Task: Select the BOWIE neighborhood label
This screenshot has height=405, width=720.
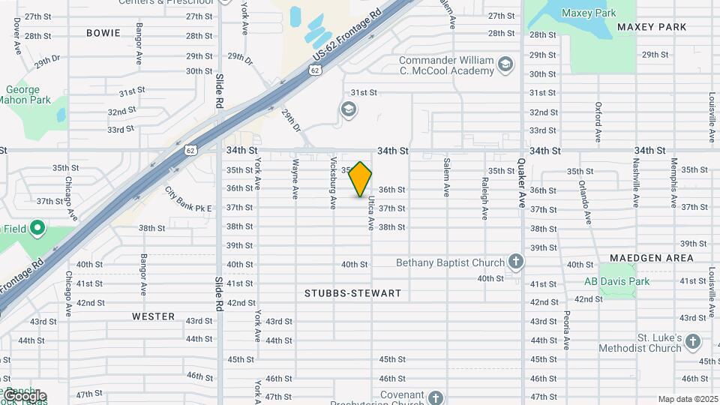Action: [103, 32]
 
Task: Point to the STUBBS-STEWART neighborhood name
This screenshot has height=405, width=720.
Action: [353, 293]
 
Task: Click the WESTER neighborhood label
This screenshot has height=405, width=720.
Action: [153, 316]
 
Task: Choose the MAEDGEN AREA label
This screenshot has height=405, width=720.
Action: [651, 257]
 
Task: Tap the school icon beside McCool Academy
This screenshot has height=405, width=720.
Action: [505, 64]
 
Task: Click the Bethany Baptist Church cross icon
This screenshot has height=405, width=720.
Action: [515, 262]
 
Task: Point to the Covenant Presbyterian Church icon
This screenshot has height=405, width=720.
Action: [436, 397]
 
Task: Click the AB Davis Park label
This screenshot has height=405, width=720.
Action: [617, 282]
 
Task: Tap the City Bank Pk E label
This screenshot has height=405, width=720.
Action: [188, 199]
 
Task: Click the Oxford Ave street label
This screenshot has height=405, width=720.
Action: [598, 122]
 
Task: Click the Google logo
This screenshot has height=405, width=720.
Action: [24, 396]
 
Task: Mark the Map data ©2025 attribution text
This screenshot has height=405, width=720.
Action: [688, 399]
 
